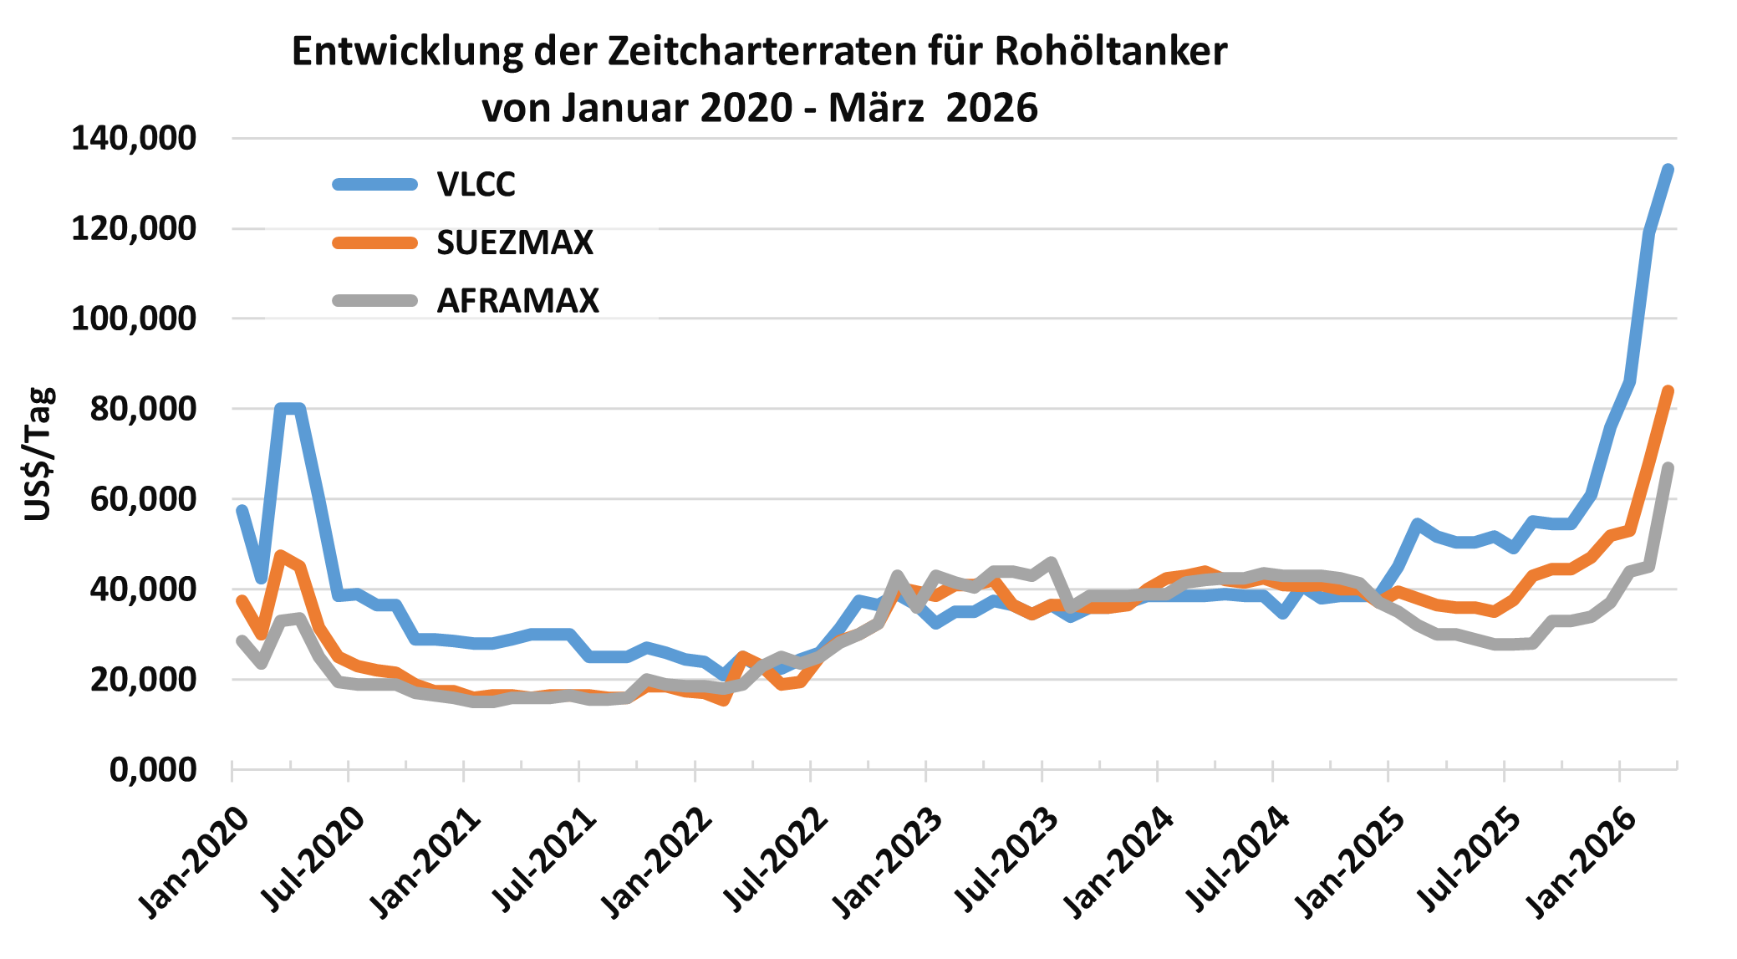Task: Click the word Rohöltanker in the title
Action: tap(1111, 52)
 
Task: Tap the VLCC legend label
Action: tap(476, 185)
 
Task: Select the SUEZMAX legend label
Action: tap(515, 243)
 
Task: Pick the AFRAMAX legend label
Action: tap(518, 301)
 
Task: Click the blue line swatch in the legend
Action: tap(374, 185)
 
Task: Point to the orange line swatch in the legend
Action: tap(374, 243)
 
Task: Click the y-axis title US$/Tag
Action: tap(38, 454)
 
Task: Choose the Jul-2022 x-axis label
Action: tap(773, 861)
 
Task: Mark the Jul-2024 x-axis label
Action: tap(1235, 861)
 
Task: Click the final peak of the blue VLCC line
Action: tap(1668, 170)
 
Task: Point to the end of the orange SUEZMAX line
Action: tap(1668, 391)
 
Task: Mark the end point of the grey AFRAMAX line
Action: tap(1668, 468)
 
